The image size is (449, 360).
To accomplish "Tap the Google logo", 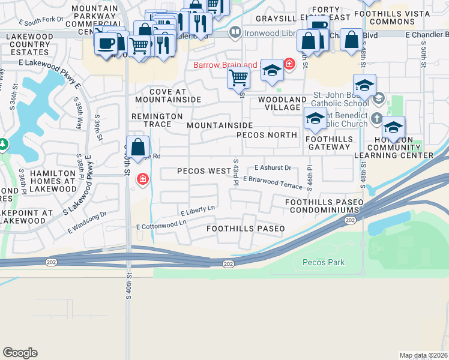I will (x=20, y=352).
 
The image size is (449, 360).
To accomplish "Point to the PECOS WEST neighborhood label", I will (x=204, y=171).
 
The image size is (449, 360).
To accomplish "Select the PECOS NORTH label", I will (x=267, y=135).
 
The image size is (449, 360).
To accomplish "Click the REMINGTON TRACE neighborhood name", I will (x=157, y=120).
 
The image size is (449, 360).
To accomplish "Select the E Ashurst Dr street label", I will (x=273, y=168).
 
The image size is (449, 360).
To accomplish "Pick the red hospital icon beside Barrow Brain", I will (x=289, y=64).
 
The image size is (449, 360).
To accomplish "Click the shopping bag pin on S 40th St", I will (x=138, y=147).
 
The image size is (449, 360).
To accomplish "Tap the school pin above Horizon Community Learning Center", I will (x=393, y=127).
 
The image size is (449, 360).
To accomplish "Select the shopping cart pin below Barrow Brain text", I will (x=239, y=77).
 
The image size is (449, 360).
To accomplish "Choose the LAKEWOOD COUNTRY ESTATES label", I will (x=28, y=44).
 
